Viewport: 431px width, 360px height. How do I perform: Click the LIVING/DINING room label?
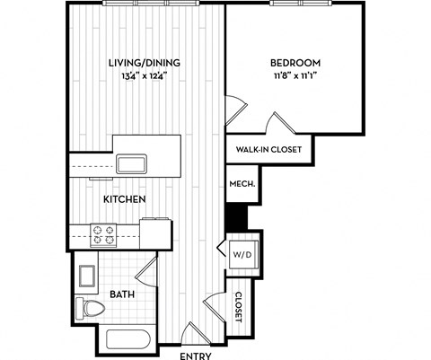145,63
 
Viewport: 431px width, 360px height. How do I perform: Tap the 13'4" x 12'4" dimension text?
145,76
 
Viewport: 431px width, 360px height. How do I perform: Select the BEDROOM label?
295,63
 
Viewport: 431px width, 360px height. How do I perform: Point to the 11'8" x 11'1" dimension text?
295,76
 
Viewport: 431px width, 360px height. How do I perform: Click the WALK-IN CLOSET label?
268,150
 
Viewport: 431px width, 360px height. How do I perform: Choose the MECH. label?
242,184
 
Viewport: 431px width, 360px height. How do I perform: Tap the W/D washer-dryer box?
242,254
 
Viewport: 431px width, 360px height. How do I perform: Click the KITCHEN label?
125,198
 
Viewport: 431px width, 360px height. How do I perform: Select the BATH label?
123,294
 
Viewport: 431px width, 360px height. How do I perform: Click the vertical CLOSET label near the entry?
239,307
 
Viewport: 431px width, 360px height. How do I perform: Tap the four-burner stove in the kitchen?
103,234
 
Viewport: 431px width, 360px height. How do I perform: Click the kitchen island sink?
131,162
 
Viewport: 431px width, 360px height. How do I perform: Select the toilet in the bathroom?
91,310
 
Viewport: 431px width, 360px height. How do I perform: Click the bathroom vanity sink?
87,274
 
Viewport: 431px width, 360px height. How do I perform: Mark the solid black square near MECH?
235,217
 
